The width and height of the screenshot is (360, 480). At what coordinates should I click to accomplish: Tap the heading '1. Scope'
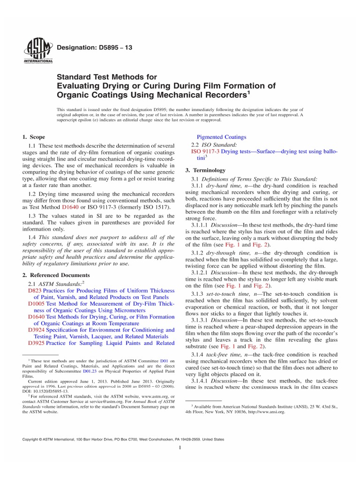point(34,137)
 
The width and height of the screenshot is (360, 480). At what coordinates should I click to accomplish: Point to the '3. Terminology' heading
point(205,170)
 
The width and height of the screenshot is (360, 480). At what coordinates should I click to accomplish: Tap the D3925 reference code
point(37,343)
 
